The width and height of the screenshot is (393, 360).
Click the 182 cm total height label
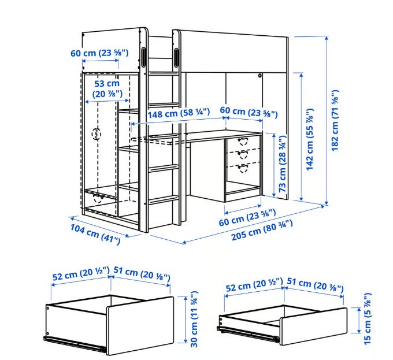click(335, 120)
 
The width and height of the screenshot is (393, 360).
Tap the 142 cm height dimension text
click(310, 139)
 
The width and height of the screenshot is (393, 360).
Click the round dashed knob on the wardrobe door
click(97, 134)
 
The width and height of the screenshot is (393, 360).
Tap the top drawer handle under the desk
click(242, 142)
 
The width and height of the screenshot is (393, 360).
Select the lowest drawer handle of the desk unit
click(242, 168)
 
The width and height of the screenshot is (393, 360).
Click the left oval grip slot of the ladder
click(143, 57)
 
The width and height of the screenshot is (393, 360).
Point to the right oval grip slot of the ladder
click(176, 57)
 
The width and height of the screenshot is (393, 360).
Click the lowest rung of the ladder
click(164, 199)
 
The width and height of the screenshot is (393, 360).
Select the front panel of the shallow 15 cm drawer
click(314, 326)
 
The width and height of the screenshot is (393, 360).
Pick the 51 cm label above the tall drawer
click(142, 273)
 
